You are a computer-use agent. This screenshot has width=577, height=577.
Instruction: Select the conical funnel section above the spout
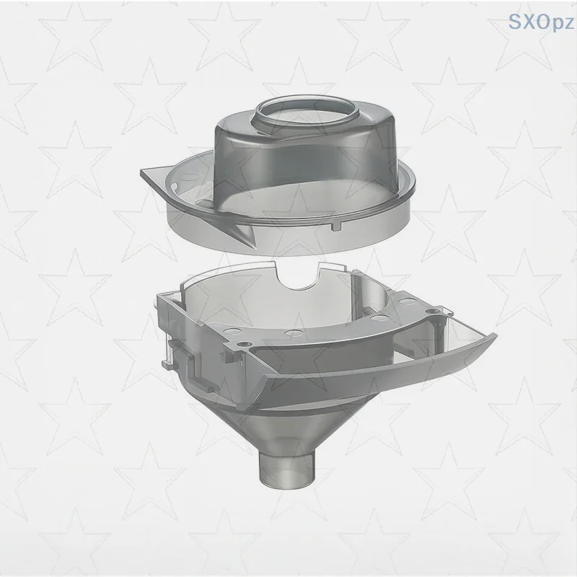[x=288, y=426]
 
